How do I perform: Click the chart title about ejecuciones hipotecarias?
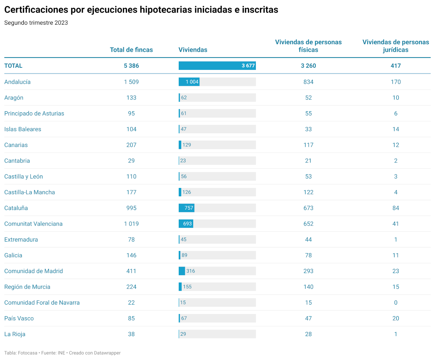click(141, 10)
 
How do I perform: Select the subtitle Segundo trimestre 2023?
click(36, 23)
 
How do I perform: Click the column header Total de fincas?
click(131, 50)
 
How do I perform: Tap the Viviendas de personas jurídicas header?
click(395, 46)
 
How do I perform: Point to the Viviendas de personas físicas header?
click(308, 46)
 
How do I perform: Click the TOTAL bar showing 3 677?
click(217, 66)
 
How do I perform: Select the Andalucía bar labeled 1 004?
click(189, 82)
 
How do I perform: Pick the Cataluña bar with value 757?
click(186, 208)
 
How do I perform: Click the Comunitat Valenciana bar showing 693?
click(186, 224)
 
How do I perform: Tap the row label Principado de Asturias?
click(34, 113)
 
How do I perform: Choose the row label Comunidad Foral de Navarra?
click(42, 302)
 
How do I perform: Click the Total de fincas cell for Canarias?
click(131, 145)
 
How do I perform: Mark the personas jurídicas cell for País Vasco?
click(395, 318)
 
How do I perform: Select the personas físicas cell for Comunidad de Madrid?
click(308, 271)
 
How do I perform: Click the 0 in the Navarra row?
click(395, 302)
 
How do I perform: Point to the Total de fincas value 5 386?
click(131, 66)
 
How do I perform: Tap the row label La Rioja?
click(15, 334)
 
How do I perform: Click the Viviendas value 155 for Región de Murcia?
click(187, 287)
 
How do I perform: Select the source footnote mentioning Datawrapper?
click(62, 353)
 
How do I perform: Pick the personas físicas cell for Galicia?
click(308, 255)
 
